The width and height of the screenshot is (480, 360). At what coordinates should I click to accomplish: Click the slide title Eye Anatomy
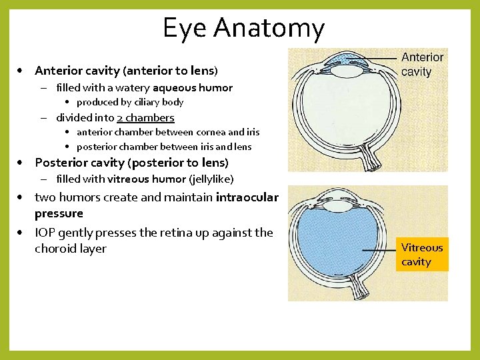click(243, 28)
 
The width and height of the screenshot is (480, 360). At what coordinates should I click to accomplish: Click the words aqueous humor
click(193, 87)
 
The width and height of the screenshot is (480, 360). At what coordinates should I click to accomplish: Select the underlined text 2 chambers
click(145, 117)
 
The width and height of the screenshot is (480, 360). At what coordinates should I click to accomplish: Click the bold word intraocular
click(247, 197)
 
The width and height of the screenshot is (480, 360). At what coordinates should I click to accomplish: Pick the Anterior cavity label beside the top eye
click(422, 65)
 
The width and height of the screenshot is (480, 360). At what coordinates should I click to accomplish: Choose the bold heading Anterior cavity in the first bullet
click(76, 71)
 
